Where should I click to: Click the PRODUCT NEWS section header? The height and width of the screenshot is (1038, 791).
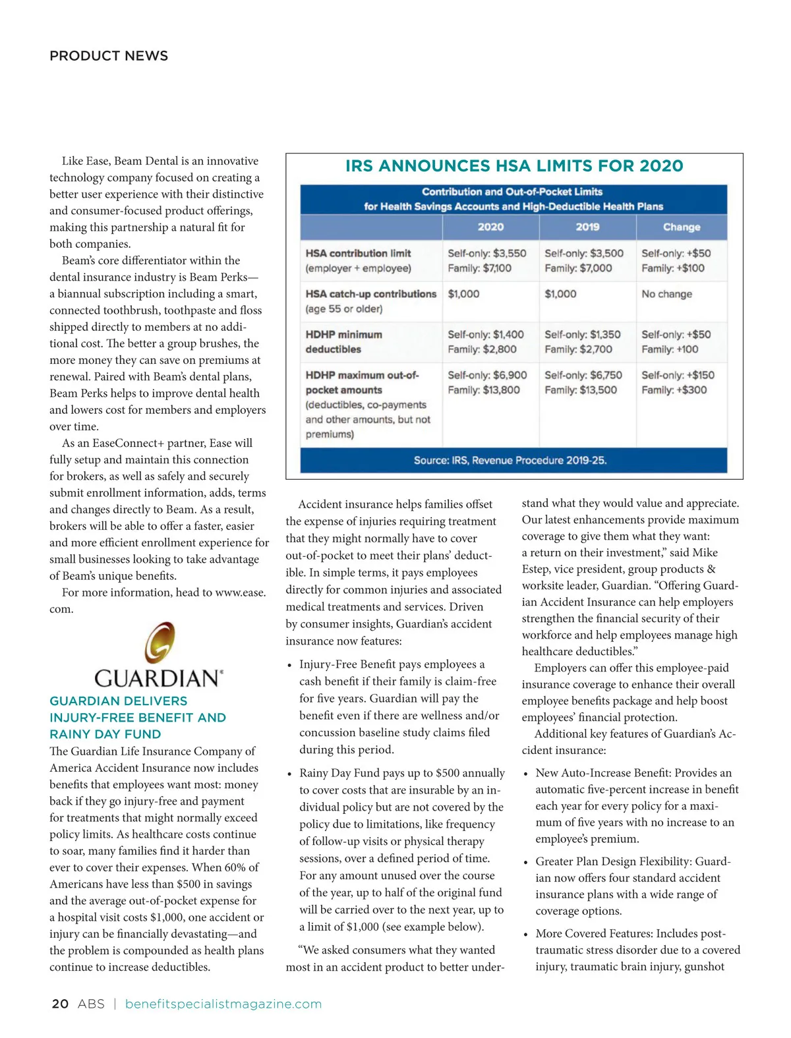(x=109, y=56)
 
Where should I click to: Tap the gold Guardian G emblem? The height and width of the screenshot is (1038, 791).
(x=160, y=642)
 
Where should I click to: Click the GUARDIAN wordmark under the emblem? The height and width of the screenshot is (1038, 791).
(x=158, y=678)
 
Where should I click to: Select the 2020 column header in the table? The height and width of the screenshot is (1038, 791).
(x=490, y=227)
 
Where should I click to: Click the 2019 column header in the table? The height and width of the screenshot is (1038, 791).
(x=587, y=227)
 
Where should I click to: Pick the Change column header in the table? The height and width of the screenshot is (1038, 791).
(x=682, y=227)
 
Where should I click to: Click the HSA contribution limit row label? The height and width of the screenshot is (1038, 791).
(x=358, y=253)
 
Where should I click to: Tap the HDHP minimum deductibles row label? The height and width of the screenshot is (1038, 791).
(x=343, y=341)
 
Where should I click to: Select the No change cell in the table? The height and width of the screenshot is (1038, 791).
(x=666, y=294)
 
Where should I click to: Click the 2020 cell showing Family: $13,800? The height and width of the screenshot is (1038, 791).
(x=484, y=389)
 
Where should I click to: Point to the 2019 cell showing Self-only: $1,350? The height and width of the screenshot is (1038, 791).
(x=582, y=334)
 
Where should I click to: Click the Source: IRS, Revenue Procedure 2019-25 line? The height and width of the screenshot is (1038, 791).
(x=510, y=460)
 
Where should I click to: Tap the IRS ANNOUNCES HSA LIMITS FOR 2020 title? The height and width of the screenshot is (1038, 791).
(x=514, y=166)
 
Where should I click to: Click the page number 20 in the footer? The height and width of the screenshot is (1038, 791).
(x=60, y=1004)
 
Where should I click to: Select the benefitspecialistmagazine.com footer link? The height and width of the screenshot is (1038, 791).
(x=223, y=1004)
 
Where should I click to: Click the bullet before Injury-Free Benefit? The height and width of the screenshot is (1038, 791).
(x=289, y=665)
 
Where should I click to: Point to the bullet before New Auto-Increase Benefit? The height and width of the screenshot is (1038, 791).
(x=525, y=774)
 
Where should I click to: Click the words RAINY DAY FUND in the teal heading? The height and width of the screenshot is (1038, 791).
(x=105, y=734)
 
